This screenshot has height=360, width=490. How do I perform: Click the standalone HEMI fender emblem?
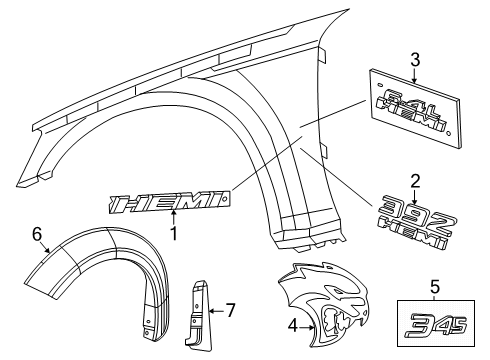click(x=166, y=204)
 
